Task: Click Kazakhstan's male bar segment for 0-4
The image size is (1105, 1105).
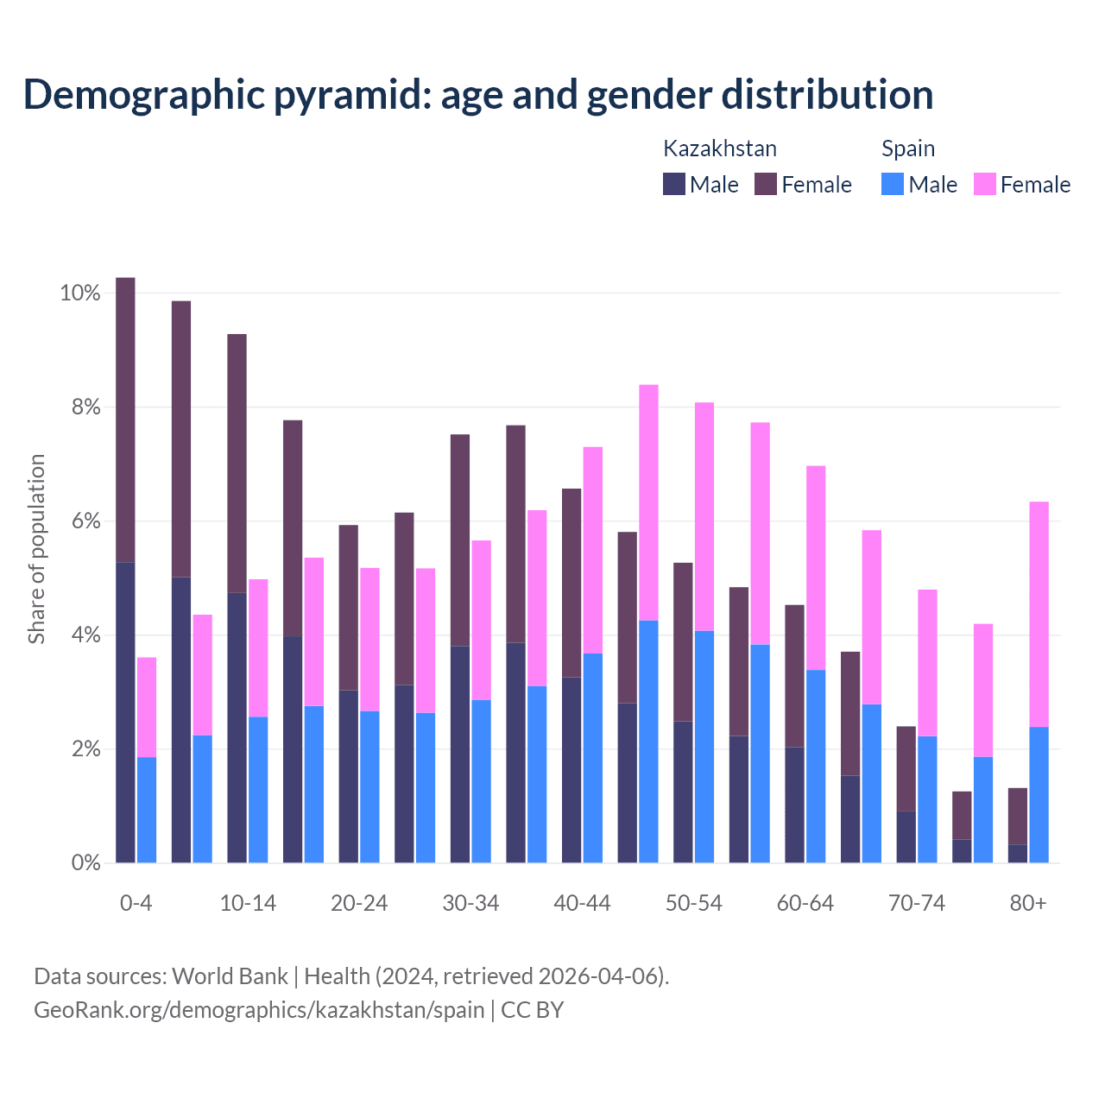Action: pyautogui.click(x=125, y=712)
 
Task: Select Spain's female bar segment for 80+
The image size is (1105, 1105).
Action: pyautogui.click(x=1039, y=614)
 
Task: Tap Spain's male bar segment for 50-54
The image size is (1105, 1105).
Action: pyautogui.click(x=704, y=747)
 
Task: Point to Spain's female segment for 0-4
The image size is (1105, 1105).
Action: pyautogui.click(x=147, y=707)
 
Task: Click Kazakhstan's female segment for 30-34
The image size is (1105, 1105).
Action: pyautogui.click(x=460, y=540)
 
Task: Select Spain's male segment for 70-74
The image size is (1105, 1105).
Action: pyautogui.click(x=927, y=799)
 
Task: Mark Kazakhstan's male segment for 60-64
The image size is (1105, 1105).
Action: pyautogui.click(x=794, y=805)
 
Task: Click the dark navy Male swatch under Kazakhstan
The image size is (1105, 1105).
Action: pyautogui.click(x=674, y=184)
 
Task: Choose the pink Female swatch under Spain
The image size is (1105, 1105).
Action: pyautogui.click(x=984, y=184)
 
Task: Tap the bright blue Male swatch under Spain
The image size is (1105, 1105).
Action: pyautogui.click(x=893, y=184)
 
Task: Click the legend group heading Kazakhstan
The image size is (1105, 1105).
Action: pyautogui.click(x=719, y=148)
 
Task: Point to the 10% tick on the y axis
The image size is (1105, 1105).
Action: pyautogui.click(x=80, y=294)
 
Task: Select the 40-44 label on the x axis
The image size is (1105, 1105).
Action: pyautogui.click(x=582, y=903)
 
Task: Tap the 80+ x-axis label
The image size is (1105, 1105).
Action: pyautogui.click(x=1028, y=903)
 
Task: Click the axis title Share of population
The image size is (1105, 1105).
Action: pyautogui.click(x=36, y=549)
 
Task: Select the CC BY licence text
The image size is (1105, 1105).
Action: pyautogui.click(x=532, y=1009)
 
